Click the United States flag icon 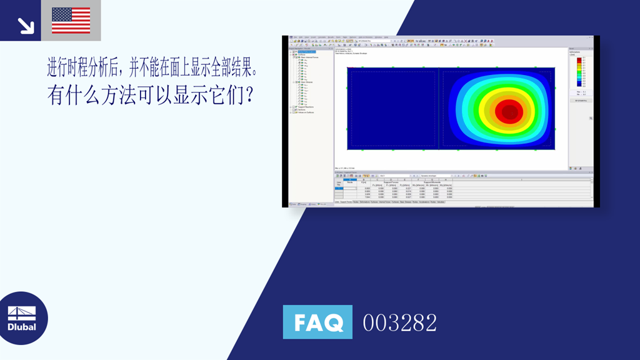(71, 20)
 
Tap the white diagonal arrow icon (25, 24)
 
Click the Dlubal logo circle (22, 318)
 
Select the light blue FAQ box (317, 322)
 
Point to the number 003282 (400, 323)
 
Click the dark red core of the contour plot (509, 112)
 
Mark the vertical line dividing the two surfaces (439, 108)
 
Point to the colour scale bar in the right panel (579, 72)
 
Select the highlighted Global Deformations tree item (308, 52)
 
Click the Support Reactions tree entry (306, 107)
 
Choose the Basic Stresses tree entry (306, 82)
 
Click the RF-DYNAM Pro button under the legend (581, 101)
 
